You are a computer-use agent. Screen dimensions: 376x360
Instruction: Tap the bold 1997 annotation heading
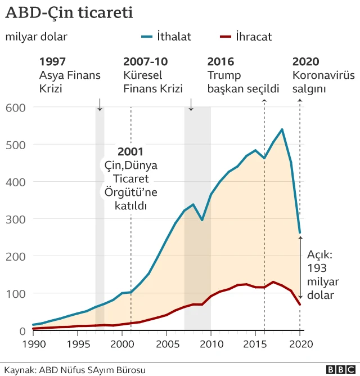(x=52, y=62)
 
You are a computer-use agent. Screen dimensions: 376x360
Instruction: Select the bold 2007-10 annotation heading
(x=145, y=62)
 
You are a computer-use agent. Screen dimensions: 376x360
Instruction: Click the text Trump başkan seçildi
(x=243, y=82)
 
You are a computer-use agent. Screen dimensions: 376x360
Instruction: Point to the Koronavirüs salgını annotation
(x=323, y=82)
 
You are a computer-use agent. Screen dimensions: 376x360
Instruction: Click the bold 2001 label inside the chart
(x=130, y=151)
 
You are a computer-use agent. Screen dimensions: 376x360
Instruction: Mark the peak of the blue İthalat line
(x=282, y=129)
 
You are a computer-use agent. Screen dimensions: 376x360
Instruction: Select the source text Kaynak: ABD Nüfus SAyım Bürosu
(x=75, y=370)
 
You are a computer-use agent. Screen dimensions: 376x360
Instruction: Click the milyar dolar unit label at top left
(x=36, y=37)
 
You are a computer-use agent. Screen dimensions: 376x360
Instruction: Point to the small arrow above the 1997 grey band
(x=100, y=104)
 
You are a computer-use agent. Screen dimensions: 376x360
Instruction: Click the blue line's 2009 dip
(x=202, y=220)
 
